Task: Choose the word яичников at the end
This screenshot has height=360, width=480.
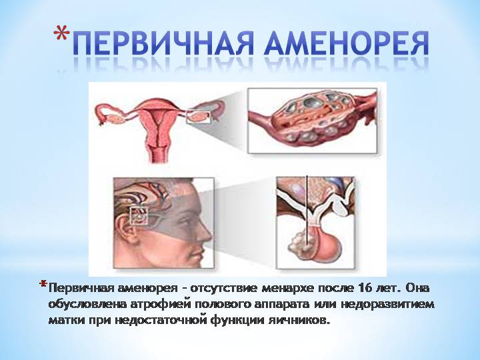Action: pyautogui.click(x=300, y=321)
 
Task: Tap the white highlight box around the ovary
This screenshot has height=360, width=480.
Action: pyautogui.click(x=200, y=118)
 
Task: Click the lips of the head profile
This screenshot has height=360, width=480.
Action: pyautogui.click(x=201, y=249)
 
